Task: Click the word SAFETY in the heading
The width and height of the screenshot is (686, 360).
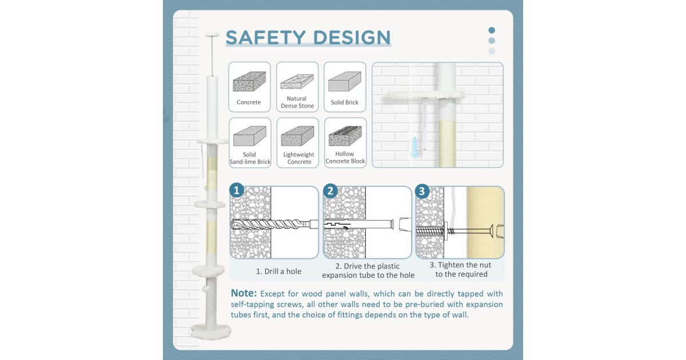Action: [266, 37]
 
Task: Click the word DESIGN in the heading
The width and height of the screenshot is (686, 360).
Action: [352, 37]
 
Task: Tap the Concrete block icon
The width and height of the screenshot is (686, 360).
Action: [249, 81]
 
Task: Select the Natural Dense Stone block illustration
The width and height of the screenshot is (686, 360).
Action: [297, 81]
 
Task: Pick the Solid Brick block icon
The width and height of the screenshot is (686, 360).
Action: [345, 81]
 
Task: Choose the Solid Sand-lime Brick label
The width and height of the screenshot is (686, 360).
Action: [250, 158]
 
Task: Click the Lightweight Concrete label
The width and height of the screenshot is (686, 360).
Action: [298, 158]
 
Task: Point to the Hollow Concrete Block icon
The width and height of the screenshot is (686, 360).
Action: [345, 136]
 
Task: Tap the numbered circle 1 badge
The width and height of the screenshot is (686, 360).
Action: [237, 190]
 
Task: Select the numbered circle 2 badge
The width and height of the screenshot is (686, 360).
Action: [330, 191]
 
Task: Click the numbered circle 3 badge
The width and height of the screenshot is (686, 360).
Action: [422, 191]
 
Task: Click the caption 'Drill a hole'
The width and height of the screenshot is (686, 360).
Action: [279, 271]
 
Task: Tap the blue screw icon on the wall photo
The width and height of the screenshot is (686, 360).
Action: [414, 147]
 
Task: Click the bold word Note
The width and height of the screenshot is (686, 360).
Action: [244, 293]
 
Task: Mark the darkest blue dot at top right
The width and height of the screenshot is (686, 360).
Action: [492, 30]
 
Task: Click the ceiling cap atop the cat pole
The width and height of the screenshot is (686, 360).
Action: [212, 35]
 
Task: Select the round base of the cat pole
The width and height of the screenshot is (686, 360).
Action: [211, 332]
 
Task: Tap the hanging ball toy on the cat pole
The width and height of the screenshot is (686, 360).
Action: [206, 289]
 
